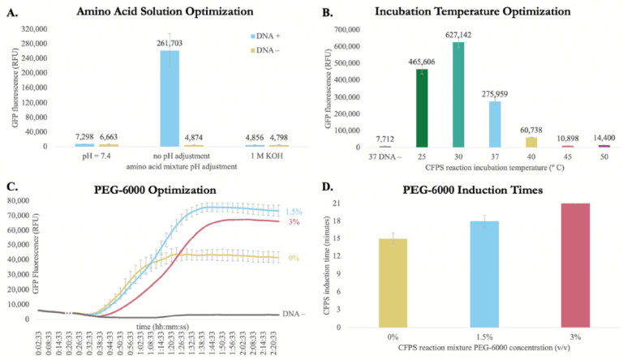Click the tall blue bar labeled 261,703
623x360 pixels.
170,98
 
